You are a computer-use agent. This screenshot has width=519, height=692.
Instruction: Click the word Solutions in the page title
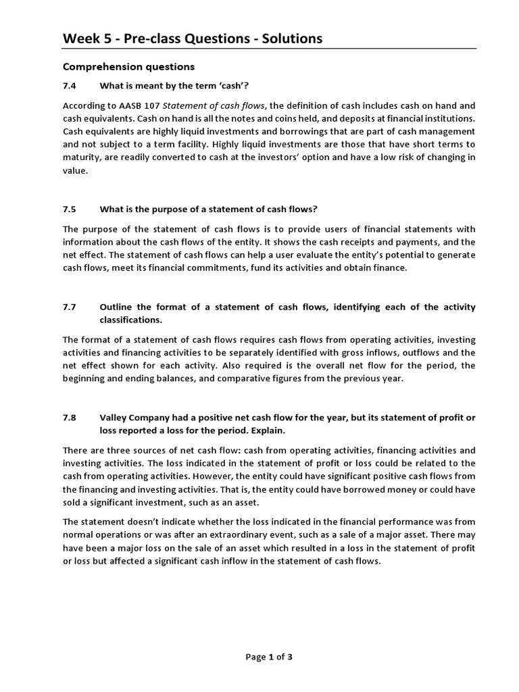tap(288, 39)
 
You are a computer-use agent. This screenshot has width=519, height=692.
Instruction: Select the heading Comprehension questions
tap(128, 67)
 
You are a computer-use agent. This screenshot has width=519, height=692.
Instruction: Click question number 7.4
tap(70, 85)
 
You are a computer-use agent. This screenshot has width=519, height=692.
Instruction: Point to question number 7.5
tap(70, 209)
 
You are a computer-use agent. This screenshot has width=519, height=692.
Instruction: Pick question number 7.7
tap(70, 307)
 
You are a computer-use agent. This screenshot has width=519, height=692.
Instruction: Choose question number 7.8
tap(70, 418)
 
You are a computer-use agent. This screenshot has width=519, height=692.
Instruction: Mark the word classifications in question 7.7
tap(130, 319)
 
